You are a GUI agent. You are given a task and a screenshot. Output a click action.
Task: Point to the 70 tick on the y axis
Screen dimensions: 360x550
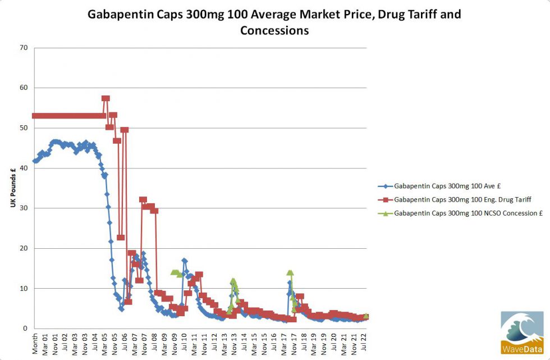tap(24, 48)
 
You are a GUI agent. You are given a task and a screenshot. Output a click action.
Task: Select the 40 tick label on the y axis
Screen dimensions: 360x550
tap(24, 168)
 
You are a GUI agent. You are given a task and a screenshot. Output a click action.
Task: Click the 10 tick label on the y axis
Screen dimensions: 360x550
tap(24, 289)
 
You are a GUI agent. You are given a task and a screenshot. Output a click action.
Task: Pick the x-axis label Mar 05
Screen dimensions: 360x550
tap(105, 344)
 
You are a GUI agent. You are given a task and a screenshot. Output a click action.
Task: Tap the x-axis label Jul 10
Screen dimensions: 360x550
tap(184, 344)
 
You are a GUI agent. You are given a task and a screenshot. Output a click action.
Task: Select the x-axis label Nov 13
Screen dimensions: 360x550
tap(233, 344)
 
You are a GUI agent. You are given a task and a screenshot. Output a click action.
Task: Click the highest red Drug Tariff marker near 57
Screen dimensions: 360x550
tap(106, 98)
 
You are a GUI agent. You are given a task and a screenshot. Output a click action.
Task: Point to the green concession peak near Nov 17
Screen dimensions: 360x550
tap(290, 272)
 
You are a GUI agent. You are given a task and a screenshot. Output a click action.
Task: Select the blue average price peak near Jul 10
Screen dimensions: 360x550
tap(184, 261)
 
